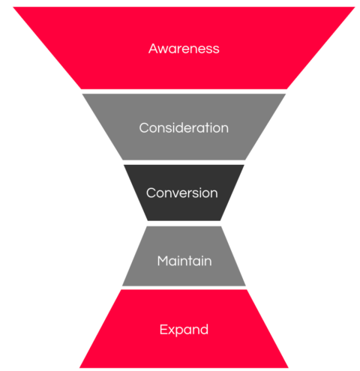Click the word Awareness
(184, 49)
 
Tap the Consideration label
(184, 127)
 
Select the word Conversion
(182, 193)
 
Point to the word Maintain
(184, 261)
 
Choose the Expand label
(184, 330)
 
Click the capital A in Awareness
(153, 49)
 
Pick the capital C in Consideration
(144, 128)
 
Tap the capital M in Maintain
(163, 261)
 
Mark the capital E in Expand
(163, 329)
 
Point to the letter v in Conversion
(176, 194)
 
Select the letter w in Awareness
(163, 50)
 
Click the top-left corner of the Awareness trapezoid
(13, 7)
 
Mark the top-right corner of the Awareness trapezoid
(355, 7)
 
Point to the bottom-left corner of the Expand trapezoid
(79, 368)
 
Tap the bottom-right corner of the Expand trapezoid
(289, 368)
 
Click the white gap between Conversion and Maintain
(184, 223)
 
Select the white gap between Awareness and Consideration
(184, 91)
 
